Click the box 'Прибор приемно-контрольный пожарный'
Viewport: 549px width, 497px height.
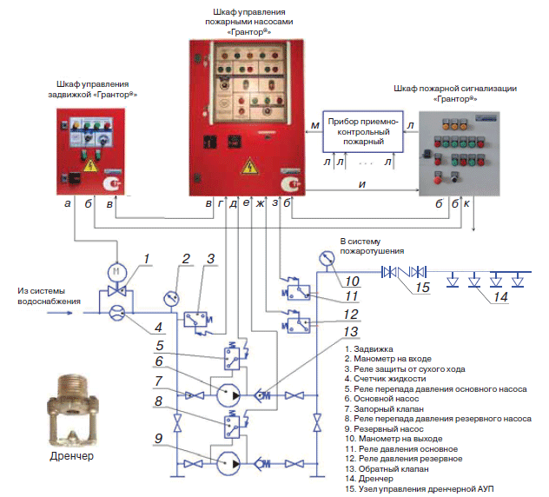point(363,132)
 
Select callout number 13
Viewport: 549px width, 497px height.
point(350,331)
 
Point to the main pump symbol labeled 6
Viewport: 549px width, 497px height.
point(228,394)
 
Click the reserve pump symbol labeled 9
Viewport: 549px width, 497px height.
point(228,463)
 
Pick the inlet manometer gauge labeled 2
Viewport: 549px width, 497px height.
point(172,299)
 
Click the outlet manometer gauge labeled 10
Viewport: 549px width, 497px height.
point(327,258)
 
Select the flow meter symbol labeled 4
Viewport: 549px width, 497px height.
point(117,313)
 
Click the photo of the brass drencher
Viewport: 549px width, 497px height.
point(72,410)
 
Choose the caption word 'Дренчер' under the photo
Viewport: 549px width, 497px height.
point(72,455)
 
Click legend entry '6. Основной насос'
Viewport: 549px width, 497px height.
point(381,399)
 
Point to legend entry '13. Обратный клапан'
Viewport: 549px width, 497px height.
point(387,468)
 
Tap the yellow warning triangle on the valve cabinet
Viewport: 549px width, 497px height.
point(90,166)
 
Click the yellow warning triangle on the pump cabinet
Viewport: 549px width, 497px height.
point(249,166)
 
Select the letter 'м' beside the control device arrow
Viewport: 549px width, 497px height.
point(315,125)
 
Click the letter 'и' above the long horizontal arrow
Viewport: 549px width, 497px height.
point(362,184)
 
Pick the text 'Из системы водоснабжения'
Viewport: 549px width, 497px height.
point(49,296)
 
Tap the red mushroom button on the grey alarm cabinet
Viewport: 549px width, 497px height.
point(438,180)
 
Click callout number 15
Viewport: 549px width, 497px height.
point(422,288)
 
